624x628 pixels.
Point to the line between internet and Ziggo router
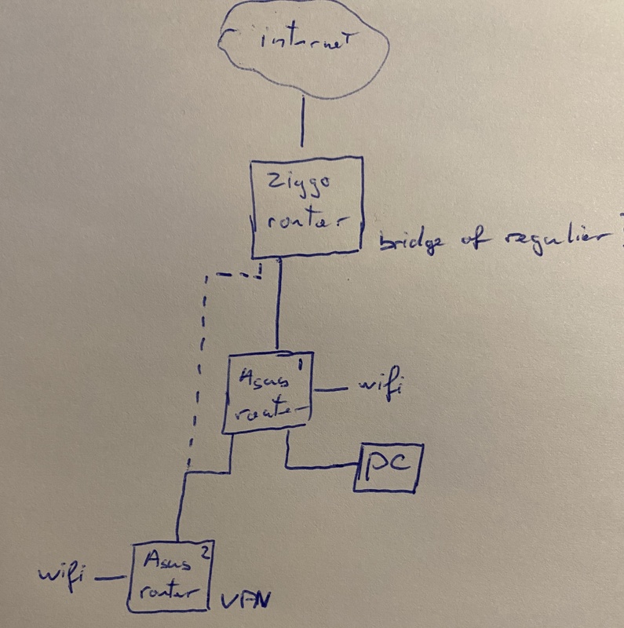click(x=302, y=126)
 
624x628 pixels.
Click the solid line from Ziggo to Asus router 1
click(x=279, y=306)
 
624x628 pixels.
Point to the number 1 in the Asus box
click(x=301, y=364)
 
